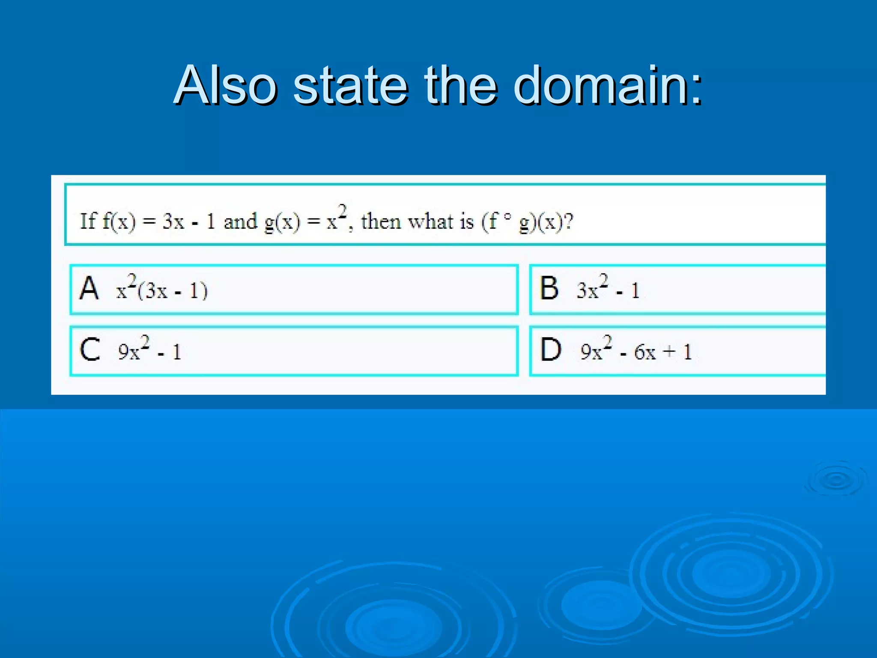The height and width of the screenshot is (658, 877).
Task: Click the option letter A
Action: coord(89,288)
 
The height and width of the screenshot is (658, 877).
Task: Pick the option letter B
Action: coord(549,288)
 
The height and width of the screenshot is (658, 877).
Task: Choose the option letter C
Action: coord(90,350)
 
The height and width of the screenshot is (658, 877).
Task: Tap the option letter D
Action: coord(551,350)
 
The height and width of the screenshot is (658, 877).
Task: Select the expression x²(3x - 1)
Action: coord(161,289)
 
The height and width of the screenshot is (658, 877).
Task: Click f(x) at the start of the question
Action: coord(119,222)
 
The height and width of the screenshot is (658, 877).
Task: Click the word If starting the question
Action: coord(88,221)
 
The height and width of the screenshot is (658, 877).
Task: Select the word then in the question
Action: coord(381,221)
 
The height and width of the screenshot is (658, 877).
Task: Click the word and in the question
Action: coord(240,221)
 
